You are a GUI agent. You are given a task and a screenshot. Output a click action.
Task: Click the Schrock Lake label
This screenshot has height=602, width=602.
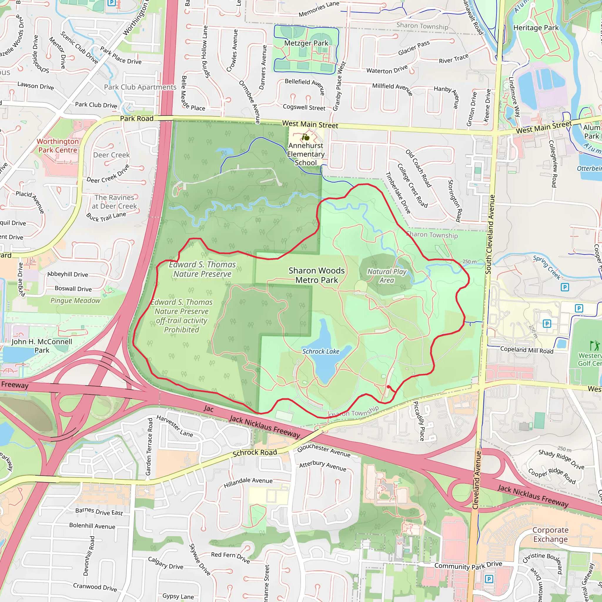(321, 352)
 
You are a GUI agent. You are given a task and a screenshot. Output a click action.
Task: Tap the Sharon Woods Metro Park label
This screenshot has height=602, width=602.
(316, 275)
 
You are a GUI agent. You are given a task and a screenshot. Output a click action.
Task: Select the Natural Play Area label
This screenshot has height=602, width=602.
(387, 276)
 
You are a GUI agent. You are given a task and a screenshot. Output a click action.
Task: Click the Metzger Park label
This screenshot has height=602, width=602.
(306, 43)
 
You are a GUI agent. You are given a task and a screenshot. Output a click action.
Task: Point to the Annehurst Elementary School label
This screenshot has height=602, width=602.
(306, 154)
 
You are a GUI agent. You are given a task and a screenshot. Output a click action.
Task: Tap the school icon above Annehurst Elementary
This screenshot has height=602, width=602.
(306, 137)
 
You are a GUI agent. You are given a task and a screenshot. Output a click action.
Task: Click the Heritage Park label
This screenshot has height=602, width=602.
(536, 28)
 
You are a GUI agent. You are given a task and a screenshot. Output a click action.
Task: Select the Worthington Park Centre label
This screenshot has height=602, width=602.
(58, 146)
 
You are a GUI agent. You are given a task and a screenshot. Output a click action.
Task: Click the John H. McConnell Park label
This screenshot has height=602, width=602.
(42, 346)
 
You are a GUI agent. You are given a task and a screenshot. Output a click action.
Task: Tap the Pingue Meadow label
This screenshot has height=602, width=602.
(76, 301)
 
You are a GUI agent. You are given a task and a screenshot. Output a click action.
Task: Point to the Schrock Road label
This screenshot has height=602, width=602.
(255, 453)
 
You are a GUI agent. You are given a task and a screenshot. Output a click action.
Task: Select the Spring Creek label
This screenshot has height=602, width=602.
(546, 267)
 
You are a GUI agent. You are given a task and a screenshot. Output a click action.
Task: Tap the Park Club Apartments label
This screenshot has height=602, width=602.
(140, 87)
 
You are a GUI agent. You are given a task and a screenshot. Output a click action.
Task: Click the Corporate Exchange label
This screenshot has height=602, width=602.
(550, 534)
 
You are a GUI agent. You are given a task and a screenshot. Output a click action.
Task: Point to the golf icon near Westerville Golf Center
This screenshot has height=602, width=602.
(594, 346)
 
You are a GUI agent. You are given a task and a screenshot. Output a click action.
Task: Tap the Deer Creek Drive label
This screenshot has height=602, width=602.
(108, 175)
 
